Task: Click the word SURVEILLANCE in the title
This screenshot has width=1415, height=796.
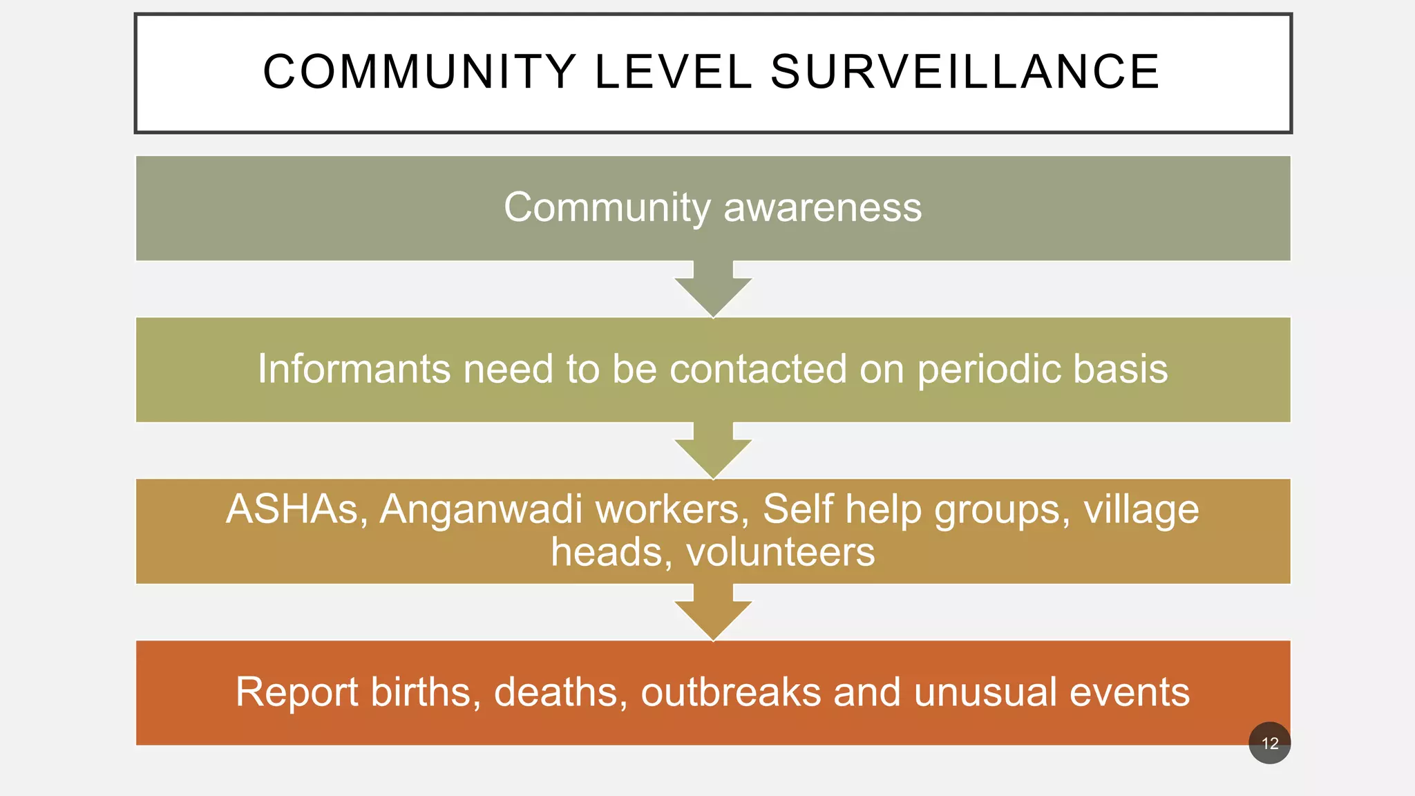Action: click(x=965, y=72)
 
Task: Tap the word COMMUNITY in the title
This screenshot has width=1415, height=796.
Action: click(x=419, y=72)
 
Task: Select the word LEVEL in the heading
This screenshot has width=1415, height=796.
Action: click(x=673, y=72)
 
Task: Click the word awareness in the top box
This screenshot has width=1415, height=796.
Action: click(x=822, y=207)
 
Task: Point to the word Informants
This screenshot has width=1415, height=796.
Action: click(x=354, y=369)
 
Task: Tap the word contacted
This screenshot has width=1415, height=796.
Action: click(x=758, y=369)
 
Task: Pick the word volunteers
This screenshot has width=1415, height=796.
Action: click(x=781, y=553)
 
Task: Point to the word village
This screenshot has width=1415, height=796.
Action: click(x=1141, y=510)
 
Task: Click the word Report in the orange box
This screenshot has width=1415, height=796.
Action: click(x=296, y=692)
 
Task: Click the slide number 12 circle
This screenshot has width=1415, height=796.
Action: click(x=1269, y=743)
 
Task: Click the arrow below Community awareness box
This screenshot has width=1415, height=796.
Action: click(x=713, y=290)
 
